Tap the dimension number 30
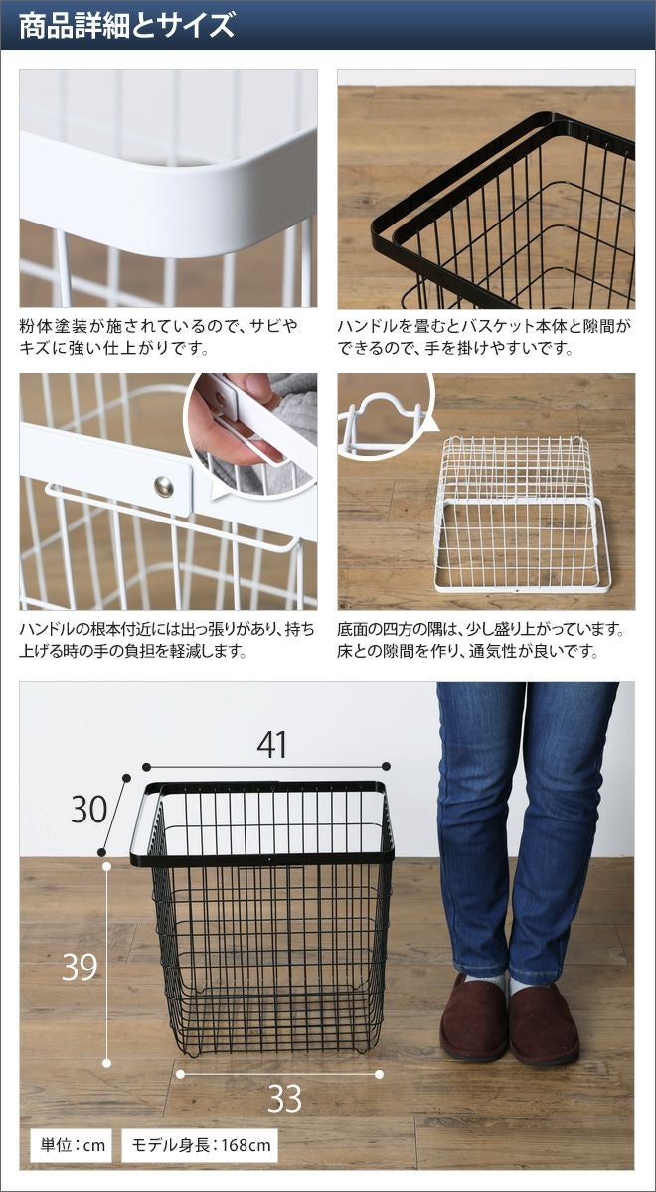pyautogui.click(x=88, y=810)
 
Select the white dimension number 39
pyautogui.click(x=80, y=967)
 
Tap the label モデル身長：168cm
pyautogui.click(x=201, y=1144)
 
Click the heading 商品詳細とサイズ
pyautogui.click(x=127, y=25)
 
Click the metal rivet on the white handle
pyautogui.click(x=163, y=487)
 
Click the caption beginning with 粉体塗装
pyautogui.click(x=159, y=337)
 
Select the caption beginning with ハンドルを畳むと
pyautogui.click(x=483, y=337)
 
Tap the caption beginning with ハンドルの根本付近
pyautogui.click(x=167, y=640)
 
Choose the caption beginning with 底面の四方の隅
pyautogui.click(x=480, y=640)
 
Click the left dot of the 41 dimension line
pyautogui.click(x=146, y=766)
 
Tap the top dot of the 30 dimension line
pyautogui.click(x=127, y=778)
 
